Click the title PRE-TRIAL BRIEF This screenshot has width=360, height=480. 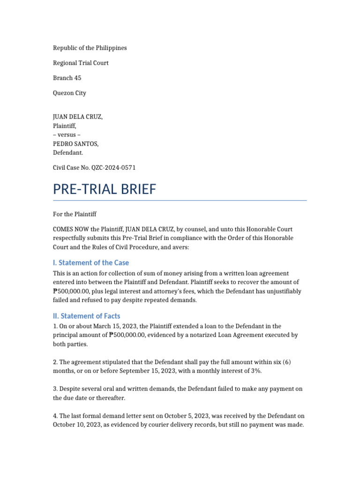point(104,189)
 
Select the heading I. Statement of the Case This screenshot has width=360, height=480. point(90,262)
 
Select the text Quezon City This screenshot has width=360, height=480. point(69,93)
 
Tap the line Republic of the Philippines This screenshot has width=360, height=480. point(90,48)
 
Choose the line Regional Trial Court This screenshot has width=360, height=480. point(81,63)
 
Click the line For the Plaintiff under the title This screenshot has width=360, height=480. point(75,214)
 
